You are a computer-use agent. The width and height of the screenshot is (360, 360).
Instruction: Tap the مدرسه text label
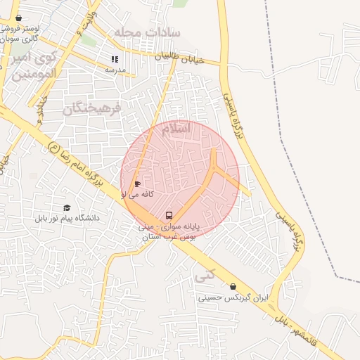click(115, 70)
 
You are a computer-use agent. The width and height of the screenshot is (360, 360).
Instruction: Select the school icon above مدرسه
click(115, 59)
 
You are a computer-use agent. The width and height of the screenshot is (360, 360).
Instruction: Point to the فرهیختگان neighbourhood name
click(92, 108)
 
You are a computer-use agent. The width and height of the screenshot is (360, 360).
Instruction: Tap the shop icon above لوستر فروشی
click(18, 18)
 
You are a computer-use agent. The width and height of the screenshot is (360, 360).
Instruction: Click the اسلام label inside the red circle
click(175, 130)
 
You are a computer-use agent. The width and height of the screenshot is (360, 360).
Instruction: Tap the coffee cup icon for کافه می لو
click(136, 184)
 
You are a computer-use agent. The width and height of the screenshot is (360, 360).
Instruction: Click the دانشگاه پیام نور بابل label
click(67, 219)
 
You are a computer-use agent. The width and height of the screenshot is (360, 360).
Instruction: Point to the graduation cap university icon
click(67, 208)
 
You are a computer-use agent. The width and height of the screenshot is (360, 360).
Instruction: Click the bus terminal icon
click(169, 214)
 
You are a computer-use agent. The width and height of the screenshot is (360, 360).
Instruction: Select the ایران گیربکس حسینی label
click(233, 298)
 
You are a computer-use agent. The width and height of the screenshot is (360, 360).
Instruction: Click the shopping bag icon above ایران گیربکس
click(233, 286)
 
